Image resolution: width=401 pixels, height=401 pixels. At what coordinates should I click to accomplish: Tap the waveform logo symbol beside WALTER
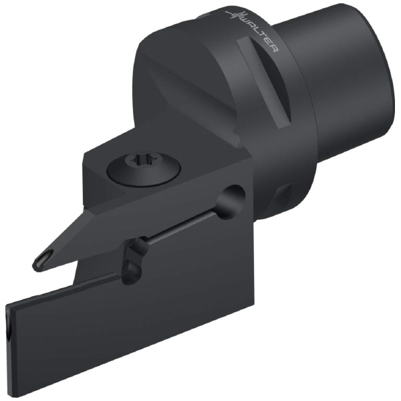pyautogui.click(x=233, y=15)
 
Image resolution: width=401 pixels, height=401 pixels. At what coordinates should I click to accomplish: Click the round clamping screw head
pyautogui.click(x=144, y=170)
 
